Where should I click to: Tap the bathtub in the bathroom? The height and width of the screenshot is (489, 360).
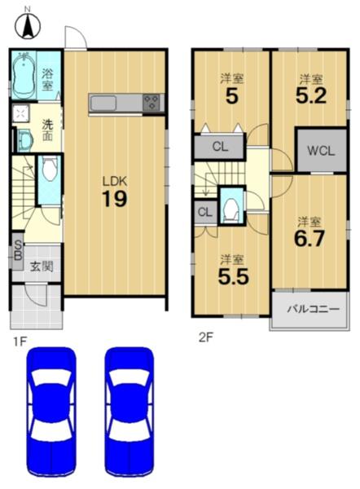click(24, 75)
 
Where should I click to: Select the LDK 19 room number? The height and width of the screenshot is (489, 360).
click(115, 199)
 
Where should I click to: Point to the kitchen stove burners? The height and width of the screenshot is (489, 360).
click(151, 102)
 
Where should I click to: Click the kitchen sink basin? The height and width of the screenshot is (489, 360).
click(103, 103)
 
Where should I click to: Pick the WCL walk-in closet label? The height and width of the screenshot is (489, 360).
click(321, 151)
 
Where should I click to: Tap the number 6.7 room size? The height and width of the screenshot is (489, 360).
click(310, 238)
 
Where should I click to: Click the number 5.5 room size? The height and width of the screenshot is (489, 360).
click(234, 276)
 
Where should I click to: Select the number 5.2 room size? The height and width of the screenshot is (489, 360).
click(311, 95)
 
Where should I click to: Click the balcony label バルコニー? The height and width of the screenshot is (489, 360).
click(313, 309)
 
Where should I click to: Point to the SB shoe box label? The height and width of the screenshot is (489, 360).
click(18, 250)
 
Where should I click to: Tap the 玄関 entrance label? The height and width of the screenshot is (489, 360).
click(42, 267)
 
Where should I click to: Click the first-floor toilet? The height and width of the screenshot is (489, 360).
click(50, 170)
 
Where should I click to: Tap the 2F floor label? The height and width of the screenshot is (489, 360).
click(206, 337)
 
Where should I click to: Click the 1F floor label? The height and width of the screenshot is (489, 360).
click(19, 341)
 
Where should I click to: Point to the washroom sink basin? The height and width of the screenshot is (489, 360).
click(24, 141)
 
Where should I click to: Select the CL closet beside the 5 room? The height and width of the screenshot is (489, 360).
click(220, 146)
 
